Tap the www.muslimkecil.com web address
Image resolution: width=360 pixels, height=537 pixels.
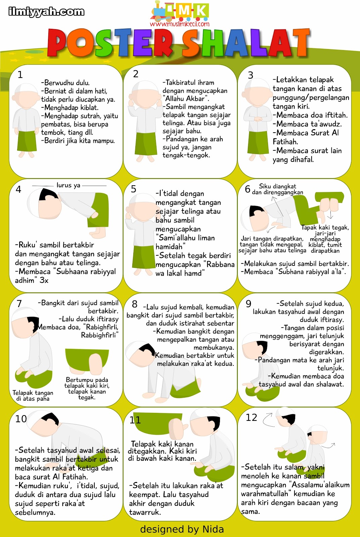[180, 24]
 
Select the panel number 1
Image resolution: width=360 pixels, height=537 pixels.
[20, 75]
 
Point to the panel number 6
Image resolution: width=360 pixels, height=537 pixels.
[247, 189]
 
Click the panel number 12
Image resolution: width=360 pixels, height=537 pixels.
[251, 418]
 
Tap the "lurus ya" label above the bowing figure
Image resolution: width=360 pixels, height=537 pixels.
[69, 185]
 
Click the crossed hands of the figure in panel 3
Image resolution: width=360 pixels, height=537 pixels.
[258, 119]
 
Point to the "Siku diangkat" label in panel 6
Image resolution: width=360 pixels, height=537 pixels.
[277, 186]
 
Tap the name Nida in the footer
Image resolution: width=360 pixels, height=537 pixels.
[213, 529]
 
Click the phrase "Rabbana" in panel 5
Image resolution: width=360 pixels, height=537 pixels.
[220, 264]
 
